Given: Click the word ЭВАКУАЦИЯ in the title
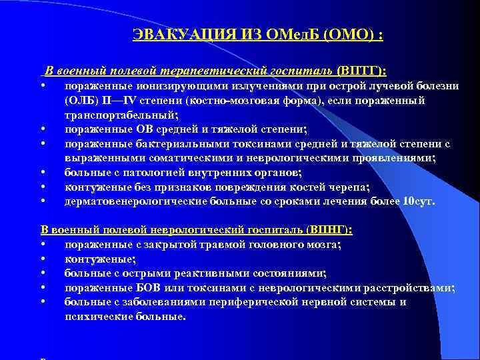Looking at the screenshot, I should coord(171,35).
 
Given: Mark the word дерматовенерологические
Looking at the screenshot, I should coord(135,201).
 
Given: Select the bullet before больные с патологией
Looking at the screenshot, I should coord(43,173).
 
